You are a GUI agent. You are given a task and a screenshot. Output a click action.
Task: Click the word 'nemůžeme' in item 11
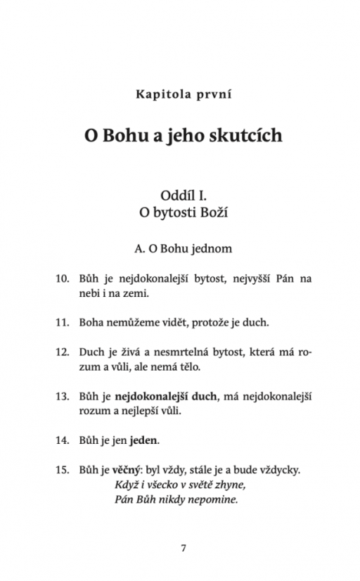(x=127, y=323)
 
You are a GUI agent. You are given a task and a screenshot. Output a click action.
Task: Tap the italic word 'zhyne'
(x=233, y=485)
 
